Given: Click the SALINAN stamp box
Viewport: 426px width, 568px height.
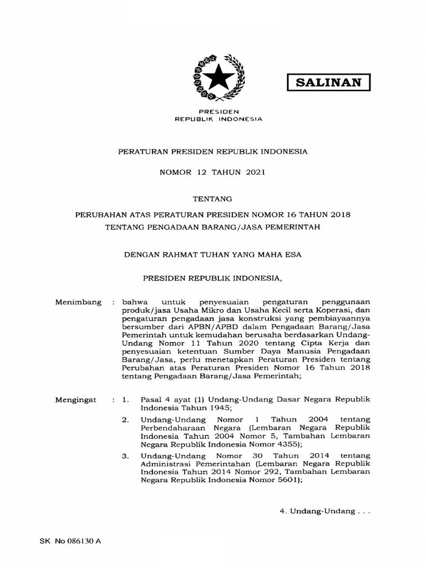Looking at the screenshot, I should [328, 83].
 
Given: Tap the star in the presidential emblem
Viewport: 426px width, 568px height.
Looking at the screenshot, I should [217, 78].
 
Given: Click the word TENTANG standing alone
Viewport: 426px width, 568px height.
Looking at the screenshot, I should [212, 197].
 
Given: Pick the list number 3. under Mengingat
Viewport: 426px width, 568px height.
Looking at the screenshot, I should [125, 457].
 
